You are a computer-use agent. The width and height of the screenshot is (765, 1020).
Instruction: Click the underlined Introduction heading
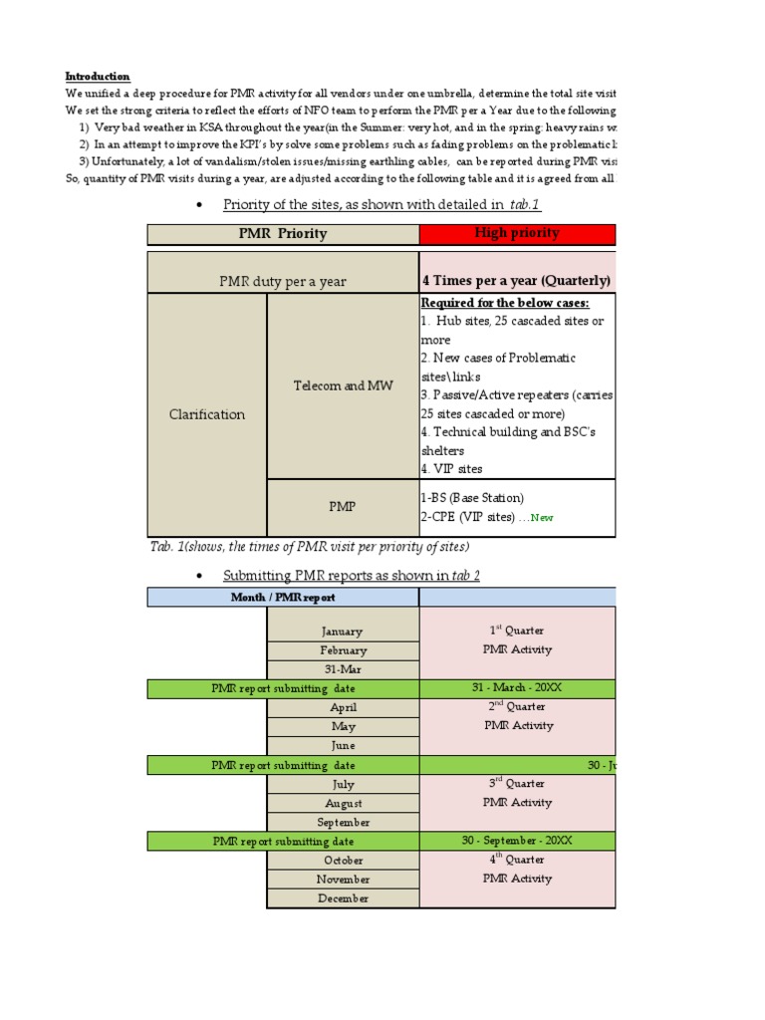[98, 77]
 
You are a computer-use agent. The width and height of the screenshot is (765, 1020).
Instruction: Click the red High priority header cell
[517, 233]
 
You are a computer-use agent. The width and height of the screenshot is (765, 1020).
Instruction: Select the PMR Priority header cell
[283, 234]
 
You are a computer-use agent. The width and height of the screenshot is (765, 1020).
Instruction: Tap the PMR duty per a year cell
[283, 281]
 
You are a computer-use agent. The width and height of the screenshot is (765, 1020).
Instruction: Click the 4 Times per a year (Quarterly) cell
[516, 281]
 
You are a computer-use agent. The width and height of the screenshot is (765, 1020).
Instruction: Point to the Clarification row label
[207, 414]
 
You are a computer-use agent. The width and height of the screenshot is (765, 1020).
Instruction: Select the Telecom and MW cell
[343, 385]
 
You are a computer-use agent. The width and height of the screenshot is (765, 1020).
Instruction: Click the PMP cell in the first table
[343, 507]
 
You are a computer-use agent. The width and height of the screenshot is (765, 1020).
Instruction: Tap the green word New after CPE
[543, 518]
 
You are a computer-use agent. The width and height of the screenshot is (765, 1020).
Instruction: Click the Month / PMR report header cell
[283, 598]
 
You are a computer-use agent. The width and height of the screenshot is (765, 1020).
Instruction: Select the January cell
[343, 631]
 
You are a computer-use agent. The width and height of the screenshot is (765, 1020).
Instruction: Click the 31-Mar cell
[343, 669]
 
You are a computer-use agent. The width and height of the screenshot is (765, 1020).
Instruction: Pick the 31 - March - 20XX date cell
[516, 688]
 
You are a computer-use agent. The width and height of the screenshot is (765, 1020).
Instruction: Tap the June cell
[343, 745]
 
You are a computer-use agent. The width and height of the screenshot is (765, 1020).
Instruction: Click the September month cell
[343, 823]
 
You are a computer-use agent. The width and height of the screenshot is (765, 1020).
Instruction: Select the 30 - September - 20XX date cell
[516, 841]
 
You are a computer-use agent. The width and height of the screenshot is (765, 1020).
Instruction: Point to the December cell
[343, 898]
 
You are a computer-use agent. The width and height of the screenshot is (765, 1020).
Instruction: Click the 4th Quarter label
[516, 860]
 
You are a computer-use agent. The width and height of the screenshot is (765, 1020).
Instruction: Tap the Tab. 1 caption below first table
[309, 547]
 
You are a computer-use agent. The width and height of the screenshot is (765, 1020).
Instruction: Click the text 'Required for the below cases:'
[504, 303]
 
